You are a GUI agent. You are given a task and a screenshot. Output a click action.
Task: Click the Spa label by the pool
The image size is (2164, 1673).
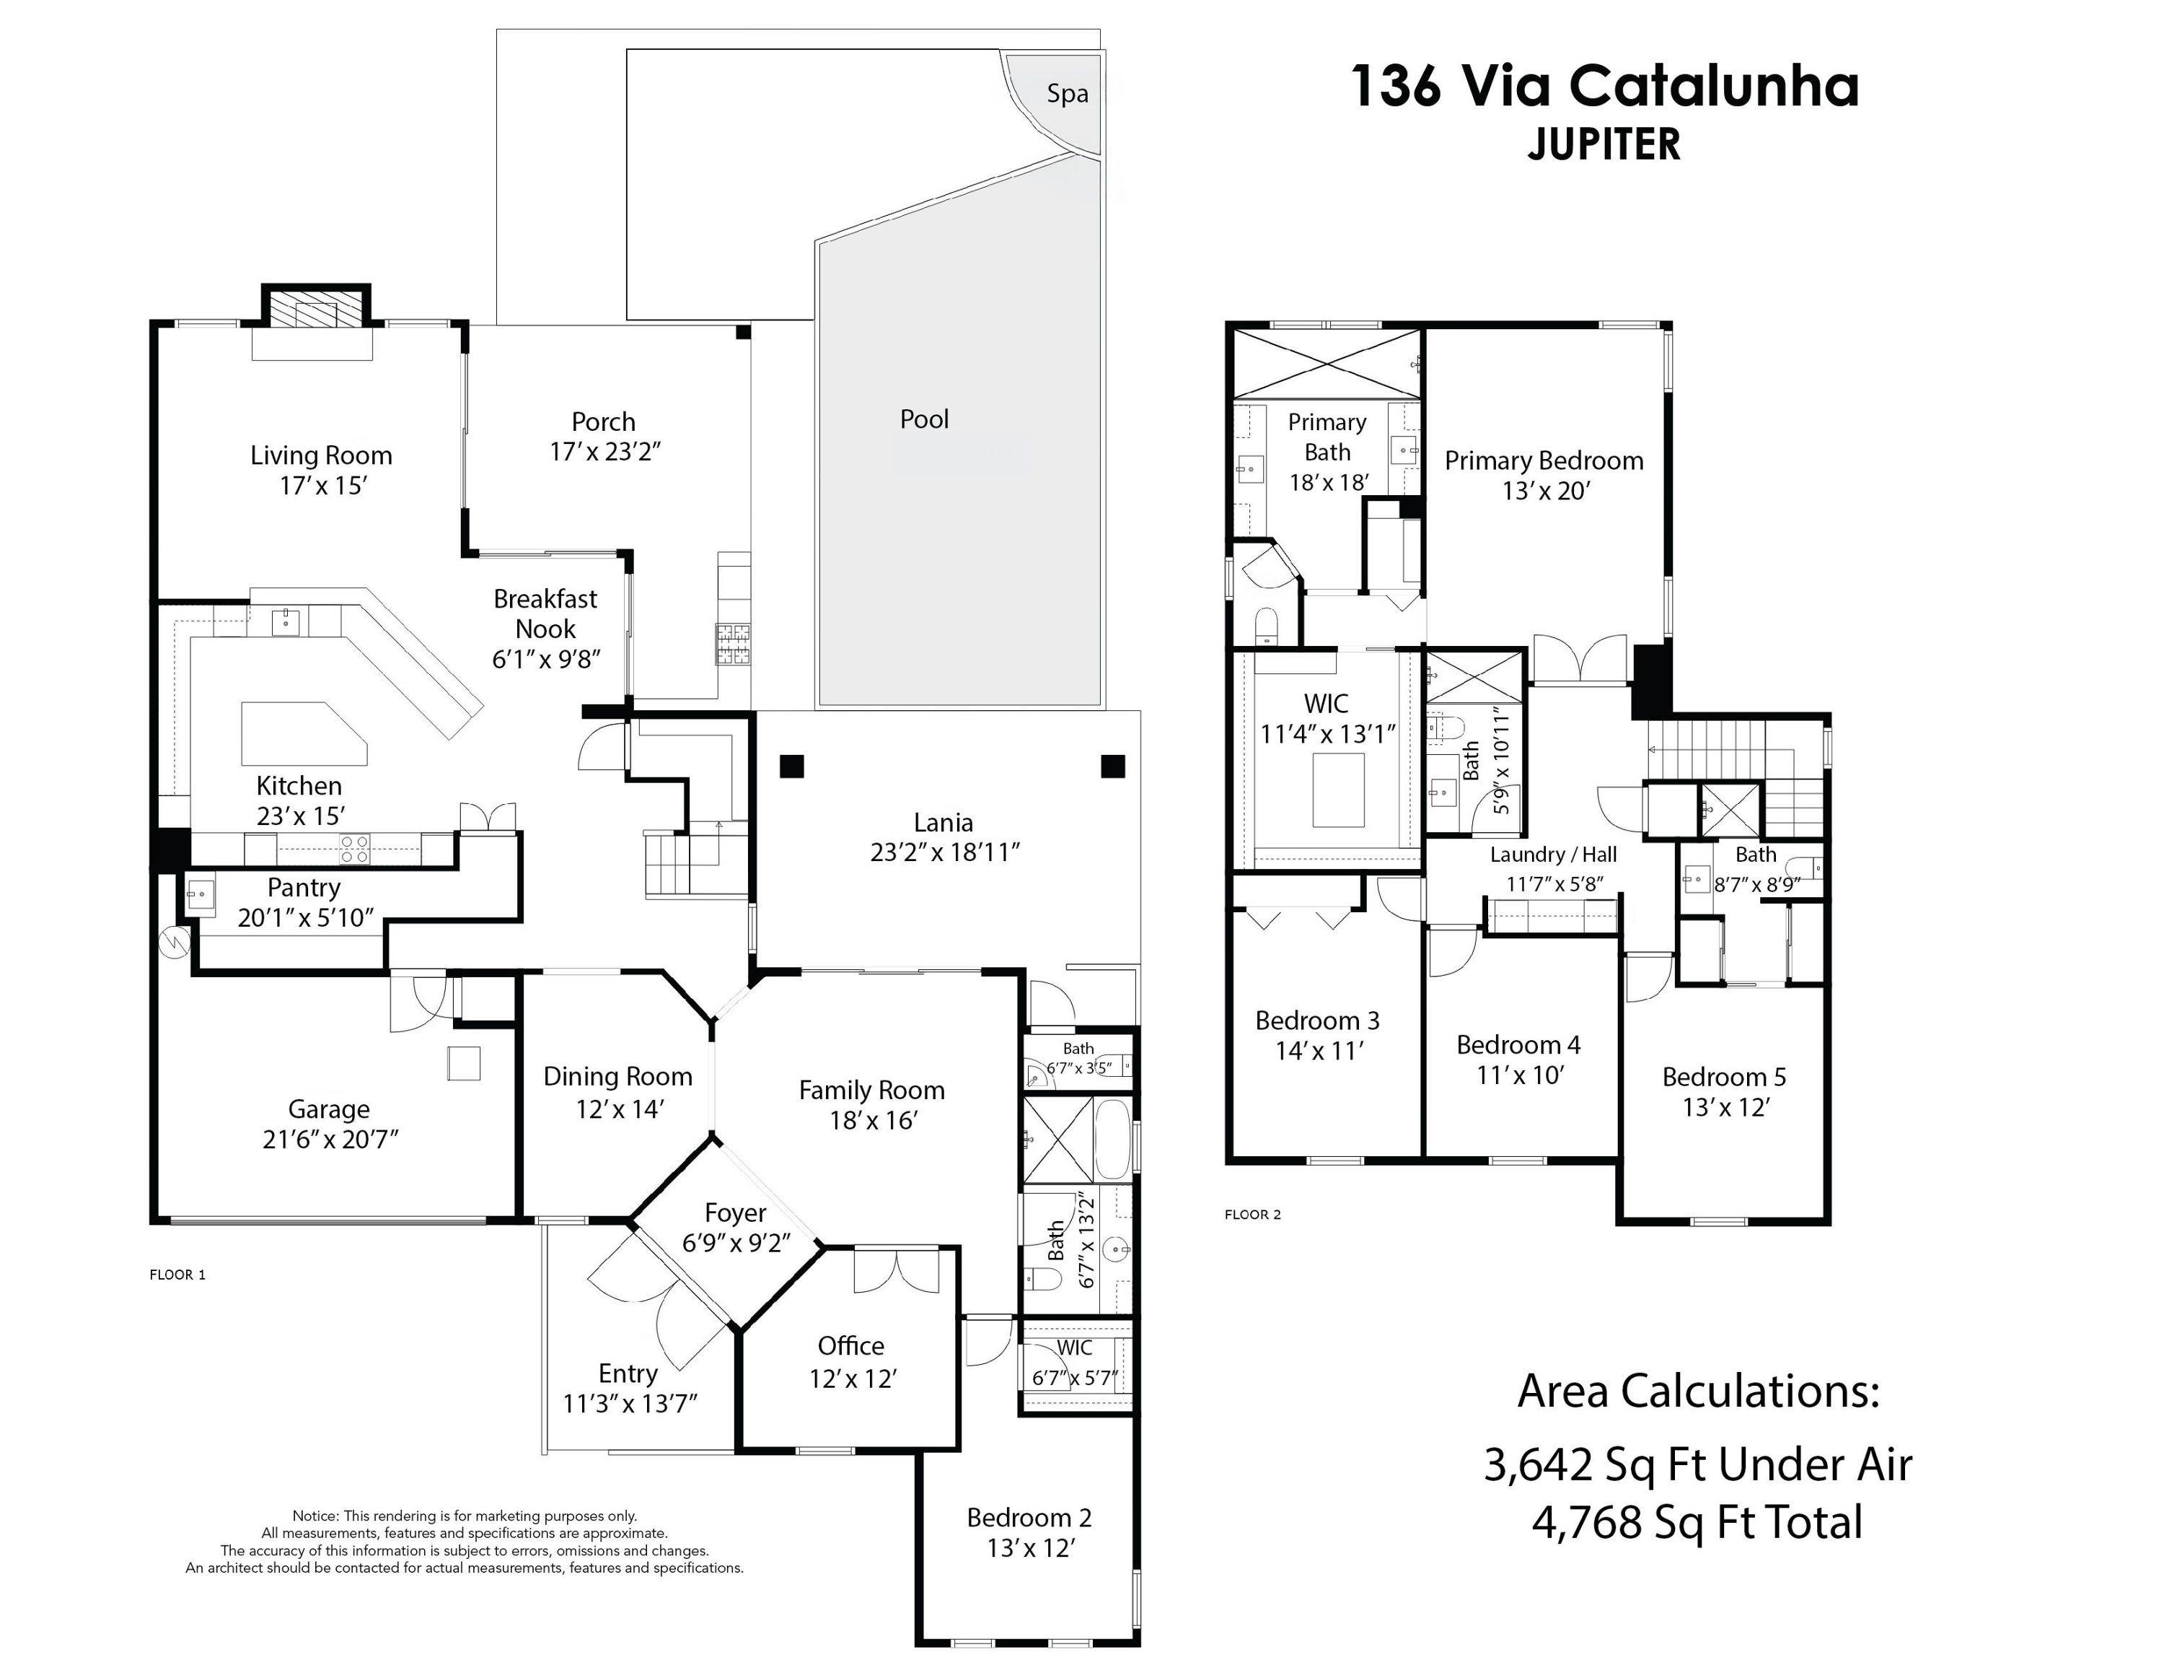1067,94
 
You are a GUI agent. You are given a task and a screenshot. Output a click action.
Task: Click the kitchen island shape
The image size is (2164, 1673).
302,733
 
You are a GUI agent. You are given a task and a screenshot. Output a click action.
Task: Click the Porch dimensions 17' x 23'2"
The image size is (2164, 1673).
604,452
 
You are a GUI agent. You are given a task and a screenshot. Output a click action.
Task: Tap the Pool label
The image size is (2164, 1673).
923,419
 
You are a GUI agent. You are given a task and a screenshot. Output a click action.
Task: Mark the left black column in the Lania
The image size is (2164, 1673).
791,766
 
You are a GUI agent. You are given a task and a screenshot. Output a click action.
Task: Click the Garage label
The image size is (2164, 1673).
329,1109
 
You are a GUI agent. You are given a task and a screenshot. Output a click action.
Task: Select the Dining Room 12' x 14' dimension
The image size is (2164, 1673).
618,1109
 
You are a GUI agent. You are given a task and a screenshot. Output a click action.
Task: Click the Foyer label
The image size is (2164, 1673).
734,1213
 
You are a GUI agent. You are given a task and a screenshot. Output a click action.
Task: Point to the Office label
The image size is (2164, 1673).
850,1346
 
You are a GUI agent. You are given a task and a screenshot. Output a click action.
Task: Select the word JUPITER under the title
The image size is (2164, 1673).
1604,144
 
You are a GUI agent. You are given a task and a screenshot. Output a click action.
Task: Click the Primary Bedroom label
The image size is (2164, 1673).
1543,461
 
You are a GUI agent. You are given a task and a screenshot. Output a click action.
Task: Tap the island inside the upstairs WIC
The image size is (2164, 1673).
1337,789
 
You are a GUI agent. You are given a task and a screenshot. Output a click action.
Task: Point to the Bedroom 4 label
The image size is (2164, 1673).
1518,1044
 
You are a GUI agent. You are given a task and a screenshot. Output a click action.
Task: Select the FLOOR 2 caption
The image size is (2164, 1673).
1252,1214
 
